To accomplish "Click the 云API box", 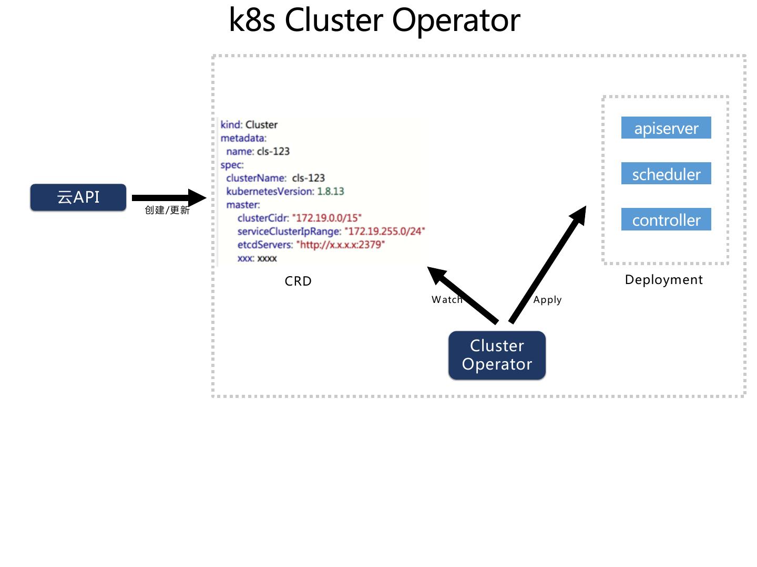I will pyautogui.click(x=78, y=197).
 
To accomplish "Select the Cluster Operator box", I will pyautogui.click(x=497, y=355).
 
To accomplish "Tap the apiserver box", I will pyautogui.click(x=666, y=128).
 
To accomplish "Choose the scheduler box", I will pyautogui.click(x=666, y=174).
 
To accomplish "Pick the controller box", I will pyautogui.click(x=666, y=219).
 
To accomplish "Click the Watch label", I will pyautogui.click(x=447, y=300).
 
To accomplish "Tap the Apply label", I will pyautogui.click(x=547, y=300).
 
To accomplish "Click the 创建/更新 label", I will pyautogui.click(x=167, y=210).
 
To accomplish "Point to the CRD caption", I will pyautogui.click(x=298, y=281).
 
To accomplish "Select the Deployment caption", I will pyautogui.click(x=663, y=280).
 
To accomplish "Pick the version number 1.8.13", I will pyautogui.click(x=330, y=191).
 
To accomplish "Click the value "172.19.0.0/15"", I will pyautogui.click(x=326, y=218).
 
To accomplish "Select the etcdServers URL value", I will pyautogui.click(x=340, y=245).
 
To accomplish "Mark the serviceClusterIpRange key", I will pyautogui.click(x=289, y=232).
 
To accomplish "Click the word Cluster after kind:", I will pyautogui.click(x=261, y=125).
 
